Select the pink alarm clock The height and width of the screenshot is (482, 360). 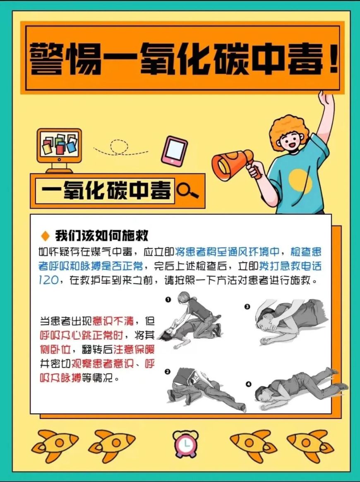coord(185,443)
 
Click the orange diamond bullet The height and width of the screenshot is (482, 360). coord(45,236)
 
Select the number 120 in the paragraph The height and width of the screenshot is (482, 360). coord(48,281)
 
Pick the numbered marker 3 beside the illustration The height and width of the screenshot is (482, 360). coord(247,307)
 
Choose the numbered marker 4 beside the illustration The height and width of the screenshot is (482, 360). coord(248,384)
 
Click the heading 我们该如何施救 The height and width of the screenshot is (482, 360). coord(102,236)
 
